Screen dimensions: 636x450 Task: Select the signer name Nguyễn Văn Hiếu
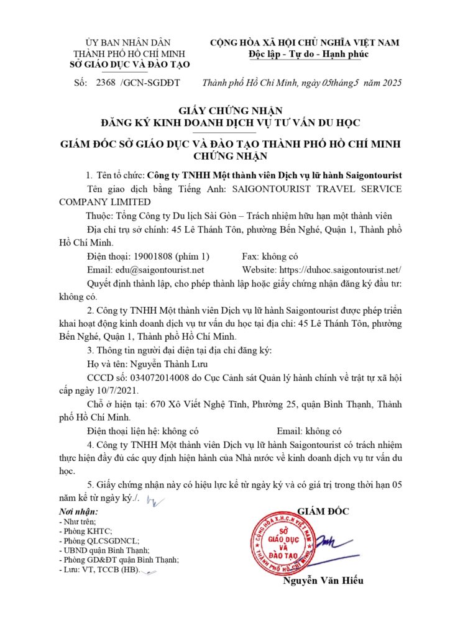323,581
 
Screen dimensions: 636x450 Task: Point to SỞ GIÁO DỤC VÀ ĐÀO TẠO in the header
131,65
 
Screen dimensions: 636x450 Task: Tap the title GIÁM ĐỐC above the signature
323,511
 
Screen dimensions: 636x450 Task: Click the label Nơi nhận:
77,512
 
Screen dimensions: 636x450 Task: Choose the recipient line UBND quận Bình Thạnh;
103,550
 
